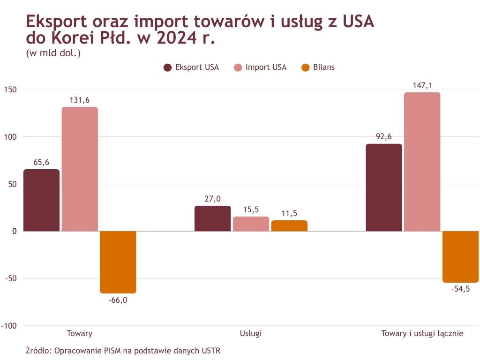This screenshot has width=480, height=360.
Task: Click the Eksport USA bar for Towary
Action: coord(42,200)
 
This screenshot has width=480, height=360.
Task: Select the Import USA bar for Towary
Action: coord(80,169)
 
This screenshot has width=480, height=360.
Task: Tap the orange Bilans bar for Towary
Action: coord(118,262)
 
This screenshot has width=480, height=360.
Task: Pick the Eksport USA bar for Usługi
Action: coord(212,218)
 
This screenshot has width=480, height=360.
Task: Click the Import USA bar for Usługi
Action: coord(251,224)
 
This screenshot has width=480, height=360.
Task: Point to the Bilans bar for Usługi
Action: coord(289,226)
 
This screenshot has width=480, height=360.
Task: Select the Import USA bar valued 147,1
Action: coord(422,162)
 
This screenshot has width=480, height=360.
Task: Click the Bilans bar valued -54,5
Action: coord(460,257)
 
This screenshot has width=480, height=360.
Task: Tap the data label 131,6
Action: coord(80,100)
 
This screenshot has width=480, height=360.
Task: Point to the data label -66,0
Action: coord(118,300)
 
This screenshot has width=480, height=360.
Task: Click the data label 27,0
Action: coord(212,199)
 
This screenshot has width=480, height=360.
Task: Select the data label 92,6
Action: coord(383,137)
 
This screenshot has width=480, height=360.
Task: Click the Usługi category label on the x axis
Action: coord(251,334)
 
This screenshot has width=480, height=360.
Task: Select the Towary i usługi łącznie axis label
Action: coord(422,334)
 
